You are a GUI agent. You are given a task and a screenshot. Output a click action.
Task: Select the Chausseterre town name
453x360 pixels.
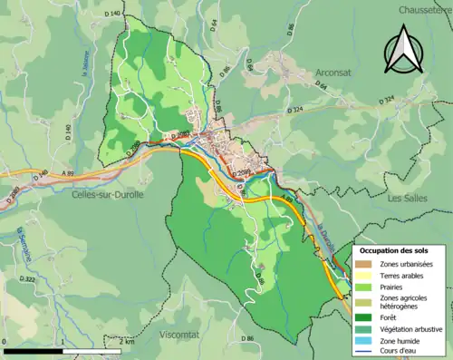[426, 9]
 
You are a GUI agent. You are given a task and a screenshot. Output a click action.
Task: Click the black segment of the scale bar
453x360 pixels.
[33, 350]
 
